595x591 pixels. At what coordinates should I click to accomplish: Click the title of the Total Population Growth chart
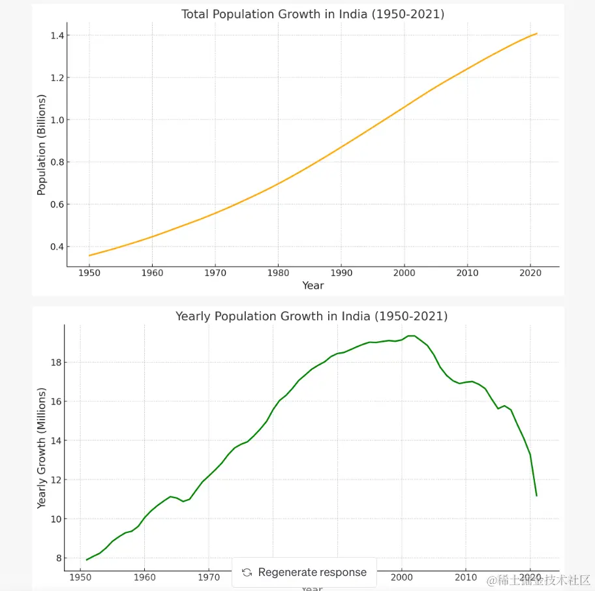coord(313,14)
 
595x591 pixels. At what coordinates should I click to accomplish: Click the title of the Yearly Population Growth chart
coord(311,316)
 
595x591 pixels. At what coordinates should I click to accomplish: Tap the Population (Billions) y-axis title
coord(42,145)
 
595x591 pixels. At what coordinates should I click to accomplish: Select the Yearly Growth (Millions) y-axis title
coord(42,448)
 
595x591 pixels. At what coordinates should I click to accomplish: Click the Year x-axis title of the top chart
coord(313,285)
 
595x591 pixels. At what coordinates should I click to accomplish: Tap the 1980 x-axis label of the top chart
coord(278,271)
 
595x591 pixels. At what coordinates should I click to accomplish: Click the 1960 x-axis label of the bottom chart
coord(144,577)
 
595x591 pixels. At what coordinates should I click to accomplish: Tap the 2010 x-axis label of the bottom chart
coord(465,577)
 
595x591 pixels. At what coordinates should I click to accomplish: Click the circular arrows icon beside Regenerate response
coord(247,572)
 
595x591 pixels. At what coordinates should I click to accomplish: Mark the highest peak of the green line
coord(411,336)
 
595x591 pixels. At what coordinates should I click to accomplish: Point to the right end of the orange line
coord(536,33)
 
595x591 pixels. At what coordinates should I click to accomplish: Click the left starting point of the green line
coord(87,560)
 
